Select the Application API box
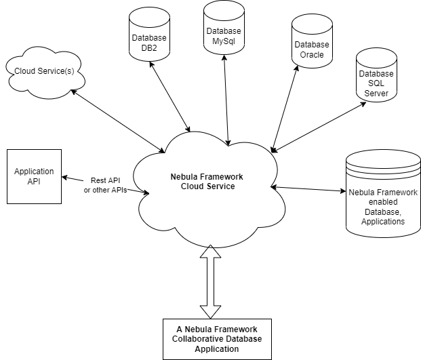(34, 176)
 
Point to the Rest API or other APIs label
(105, 185)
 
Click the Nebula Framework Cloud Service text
(207, 182)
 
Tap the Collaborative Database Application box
(217, 339)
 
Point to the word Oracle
(312, 55)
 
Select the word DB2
(149, 48)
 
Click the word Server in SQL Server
(376, 94)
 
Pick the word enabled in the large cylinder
(383, 202)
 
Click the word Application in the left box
(34, 172)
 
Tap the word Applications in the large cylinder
(383, 221)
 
